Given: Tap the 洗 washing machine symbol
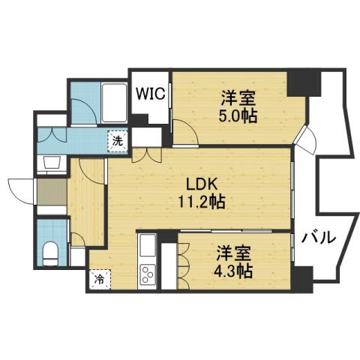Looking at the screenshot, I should click(x=118, y=139).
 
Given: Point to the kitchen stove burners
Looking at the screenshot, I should click(x=147, y=274).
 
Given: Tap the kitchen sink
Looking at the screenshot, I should click(x=147, y=244).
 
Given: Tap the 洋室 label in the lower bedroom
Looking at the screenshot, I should click(x=234, y=251).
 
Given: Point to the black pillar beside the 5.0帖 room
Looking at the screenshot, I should click(x=303, y=81).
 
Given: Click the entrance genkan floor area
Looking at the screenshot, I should click(x=51, y=193).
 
